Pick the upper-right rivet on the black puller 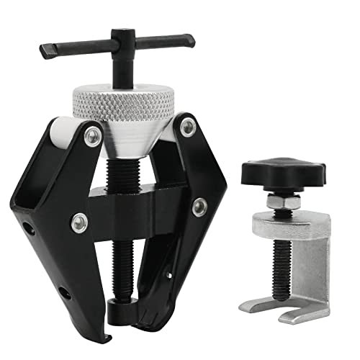[x=189, y=128]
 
